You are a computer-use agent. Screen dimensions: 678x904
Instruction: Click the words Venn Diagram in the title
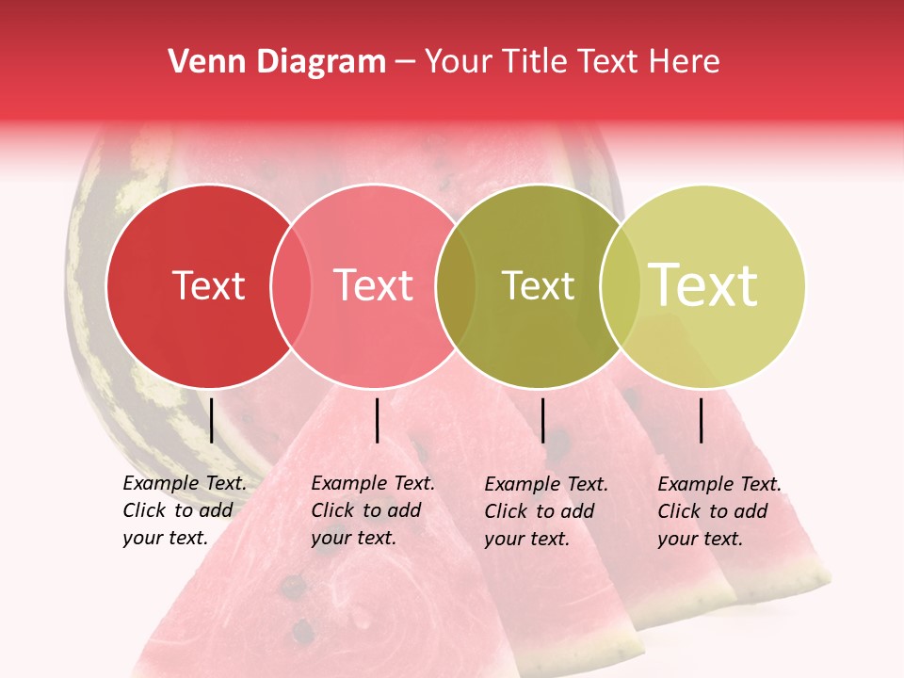pos(277,62)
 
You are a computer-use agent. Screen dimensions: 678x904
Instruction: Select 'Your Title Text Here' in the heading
pos(572,62)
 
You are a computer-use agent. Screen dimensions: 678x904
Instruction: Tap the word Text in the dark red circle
pos(208,285)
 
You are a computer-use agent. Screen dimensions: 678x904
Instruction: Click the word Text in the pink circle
pos(373,285)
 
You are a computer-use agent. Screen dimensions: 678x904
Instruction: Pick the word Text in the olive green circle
pos(538,285)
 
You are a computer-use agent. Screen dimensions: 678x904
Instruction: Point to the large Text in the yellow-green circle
pos(703,284)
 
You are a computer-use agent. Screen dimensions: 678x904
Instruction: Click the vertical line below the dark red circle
pos(211,420)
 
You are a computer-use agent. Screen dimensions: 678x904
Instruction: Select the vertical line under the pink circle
pos(377,420)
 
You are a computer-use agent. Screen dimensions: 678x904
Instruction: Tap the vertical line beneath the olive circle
pos(542,420)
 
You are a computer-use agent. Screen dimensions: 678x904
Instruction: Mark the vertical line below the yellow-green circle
pos(701,420)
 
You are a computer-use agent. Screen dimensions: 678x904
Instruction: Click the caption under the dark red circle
pos(184,510)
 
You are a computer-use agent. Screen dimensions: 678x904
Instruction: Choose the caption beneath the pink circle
pos(372,510)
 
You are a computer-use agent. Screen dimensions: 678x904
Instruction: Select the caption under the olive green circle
pos(545,511)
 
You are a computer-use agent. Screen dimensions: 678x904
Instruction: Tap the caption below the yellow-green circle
pos(718,511)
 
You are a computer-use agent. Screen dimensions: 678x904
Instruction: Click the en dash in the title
pos(405,62)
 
